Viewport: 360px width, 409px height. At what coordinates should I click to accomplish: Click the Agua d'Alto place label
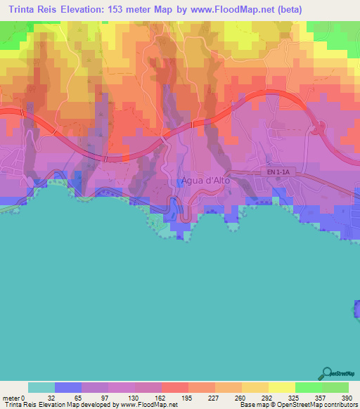205,180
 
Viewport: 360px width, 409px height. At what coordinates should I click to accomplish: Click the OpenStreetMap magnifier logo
326,373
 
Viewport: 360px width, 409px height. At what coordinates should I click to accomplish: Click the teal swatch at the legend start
41,387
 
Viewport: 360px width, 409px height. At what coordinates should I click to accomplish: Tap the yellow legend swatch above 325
281,387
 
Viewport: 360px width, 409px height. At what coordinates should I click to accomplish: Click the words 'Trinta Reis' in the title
30,10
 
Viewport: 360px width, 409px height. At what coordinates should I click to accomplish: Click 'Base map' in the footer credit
254,405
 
